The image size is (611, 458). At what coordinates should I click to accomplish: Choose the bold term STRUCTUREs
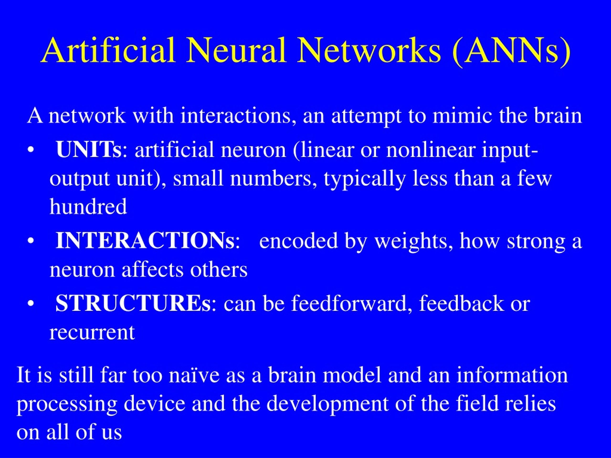tap(133, 303)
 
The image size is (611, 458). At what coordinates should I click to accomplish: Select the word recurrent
tap(92, 333)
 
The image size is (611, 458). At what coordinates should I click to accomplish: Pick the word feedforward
tap(349, 304)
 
